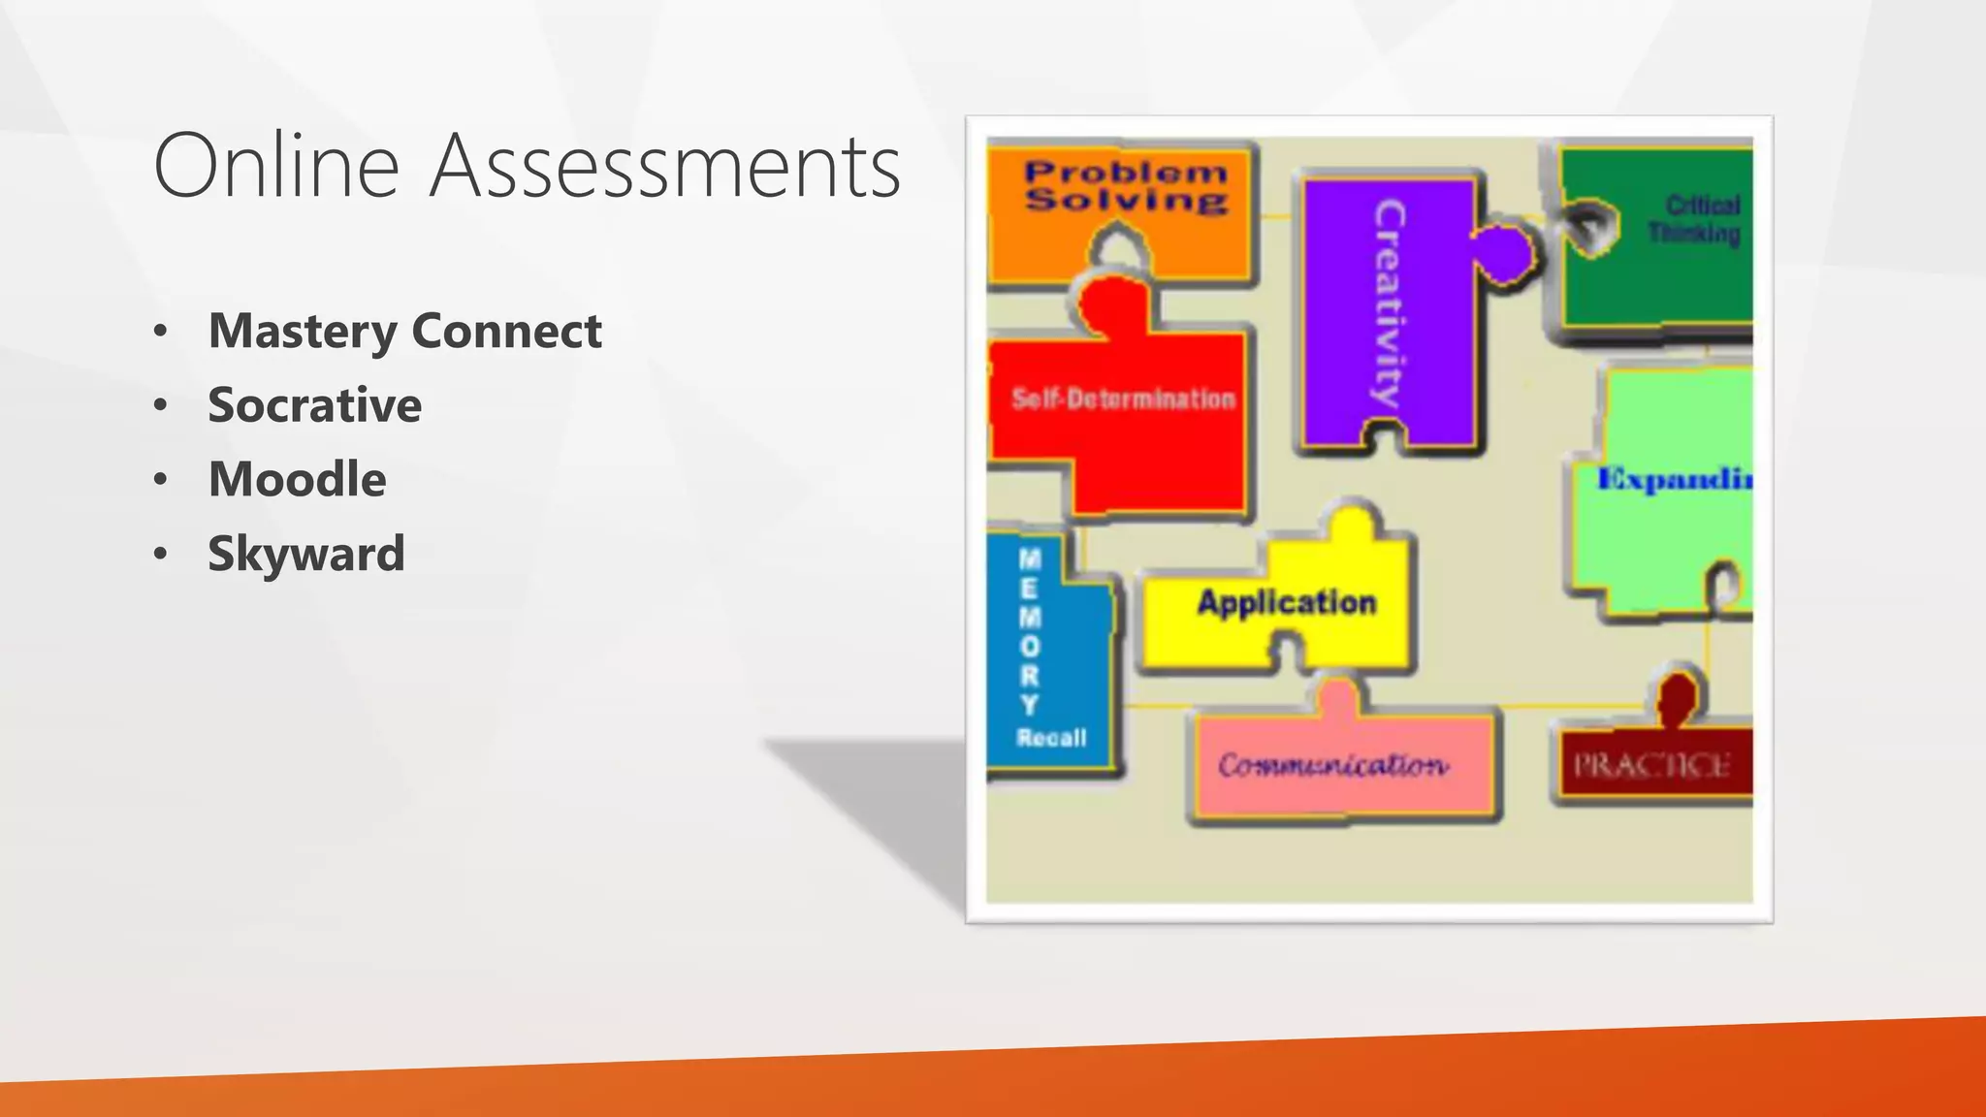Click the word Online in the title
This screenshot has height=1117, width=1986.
tap(276, 166)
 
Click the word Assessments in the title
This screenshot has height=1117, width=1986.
tap(665, 166)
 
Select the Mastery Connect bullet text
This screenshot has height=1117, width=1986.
tap(404, 331)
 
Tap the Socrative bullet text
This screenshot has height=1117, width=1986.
tap(314, 405)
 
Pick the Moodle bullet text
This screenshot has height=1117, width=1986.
tap(297, 479)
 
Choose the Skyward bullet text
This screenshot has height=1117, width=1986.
tap(305, 554)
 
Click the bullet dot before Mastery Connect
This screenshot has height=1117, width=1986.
tap(161, 332)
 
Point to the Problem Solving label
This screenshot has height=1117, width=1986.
tap(1126, 186)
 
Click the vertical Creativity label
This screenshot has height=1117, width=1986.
tap(1388, 303)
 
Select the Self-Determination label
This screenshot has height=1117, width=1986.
tap(1123, 399)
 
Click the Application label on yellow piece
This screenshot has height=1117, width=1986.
tap(1286, 602)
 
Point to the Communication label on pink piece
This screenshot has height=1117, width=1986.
tap(1333, 765)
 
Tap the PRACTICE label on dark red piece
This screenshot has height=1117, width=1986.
tap(1651, 766)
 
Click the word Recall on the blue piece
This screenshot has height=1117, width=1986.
tap(1051, 738)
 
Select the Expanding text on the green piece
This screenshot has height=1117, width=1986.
tap(1675, 479)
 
